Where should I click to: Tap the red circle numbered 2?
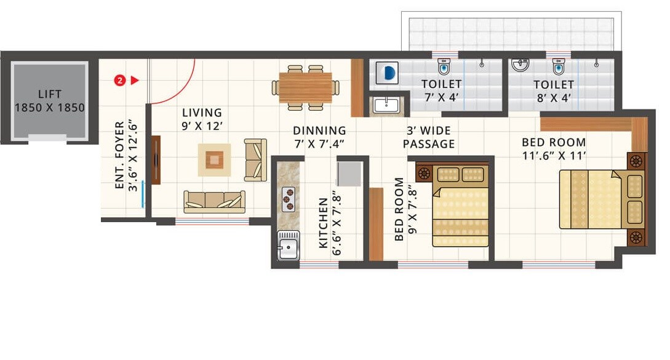(120, 80)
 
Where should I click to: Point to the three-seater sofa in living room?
(214, 201)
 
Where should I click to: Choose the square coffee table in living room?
(213, 160)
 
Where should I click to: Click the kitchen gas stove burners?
(288, 198)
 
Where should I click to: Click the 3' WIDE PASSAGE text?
(429, 137)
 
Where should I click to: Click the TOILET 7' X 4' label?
(441, 90)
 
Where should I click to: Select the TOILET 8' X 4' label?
(554, 90)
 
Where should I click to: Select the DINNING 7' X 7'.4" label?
(319, 137)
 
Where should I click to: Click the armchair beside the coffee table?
(255, 160)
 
